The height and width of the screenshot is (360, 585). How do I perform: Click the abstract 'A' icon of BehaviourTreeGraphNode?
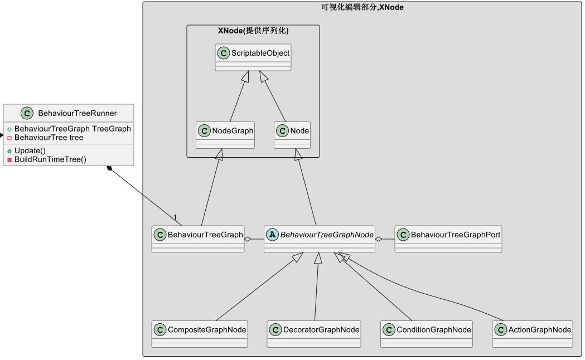tap(273, 235)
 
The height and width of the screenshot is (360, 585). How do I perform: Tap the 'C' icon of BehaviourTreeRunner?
tap(27, 113)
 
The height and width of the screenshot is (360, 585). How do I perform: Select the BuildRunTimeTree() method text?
tap(50, 159)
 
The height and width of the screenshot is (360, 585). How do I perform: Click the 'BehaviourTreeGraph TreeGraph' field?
tap(72, 129)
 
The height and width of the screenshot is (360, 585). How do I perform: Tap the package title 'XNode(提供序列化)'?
tap(253, 31)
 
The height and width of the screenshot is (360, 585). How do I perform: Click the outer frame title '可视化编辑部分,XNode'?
tap(362, 7)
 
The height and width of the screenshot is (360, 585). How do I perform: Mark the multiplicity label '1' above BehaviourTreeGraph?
tap(175, 217)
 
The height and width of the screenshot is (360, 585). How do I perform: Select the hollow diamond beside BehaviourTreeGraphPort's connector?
tap(379, 239)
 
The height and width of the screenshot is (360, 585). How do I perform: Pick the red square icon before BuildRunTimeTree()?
tap(9, 160)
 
